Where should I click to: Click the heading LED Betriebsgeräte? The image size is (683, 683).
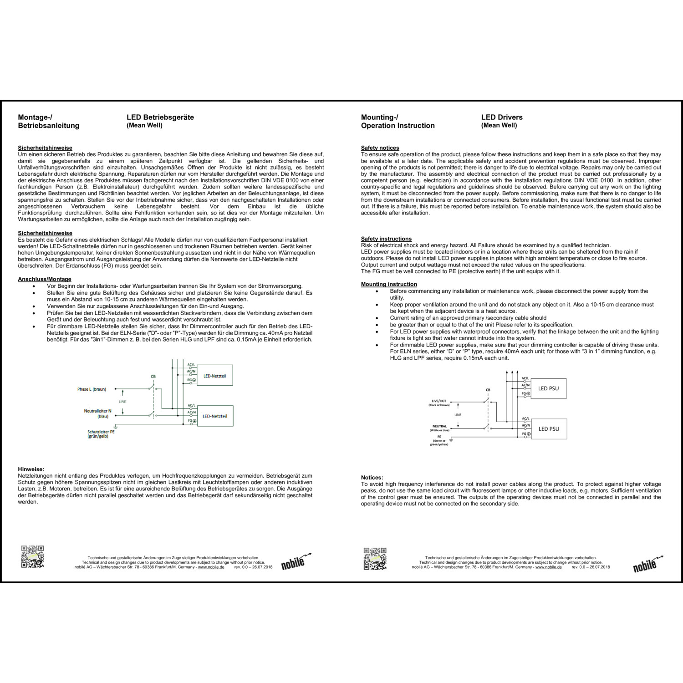[x=160, y=117]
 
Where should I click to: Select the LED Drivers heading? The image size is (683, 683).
[x=502, y=117]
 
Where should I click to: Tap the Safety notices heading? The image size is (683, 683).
[x=380, y=148]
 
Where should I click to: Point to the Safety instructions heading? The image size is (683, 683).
[x=386, y=239]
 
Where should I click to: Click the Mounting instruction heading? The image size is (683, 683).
[x=389, y=284]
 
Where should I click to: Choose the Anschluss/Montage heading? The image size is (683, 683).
[x=45, y=279]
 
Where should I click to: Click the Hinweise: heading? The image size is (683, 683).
[x=31, y=469]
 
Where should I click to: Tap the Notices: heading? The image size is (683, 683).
[x=372, y=478]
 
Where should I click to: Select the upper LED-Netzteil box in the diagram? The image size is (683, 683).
[x=214, y=376]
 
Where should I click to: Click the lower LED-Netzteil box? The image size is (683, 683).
[x=214, y=416]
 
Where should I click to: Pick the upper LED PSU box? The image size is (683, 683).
[x=548, y=388]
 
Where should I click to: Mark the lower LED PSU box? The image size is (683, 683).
[x=548, y=429]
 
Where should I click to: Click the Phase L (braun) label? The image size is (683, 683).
[x=92, y=389]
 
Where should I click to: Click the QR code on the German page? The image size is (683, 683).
[x=32, y=556]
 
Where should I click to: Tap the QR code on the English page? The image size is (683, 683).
[x=375, y=559]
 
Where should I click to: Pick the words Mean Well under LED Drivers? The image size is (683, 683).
[x=499, y=126]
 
